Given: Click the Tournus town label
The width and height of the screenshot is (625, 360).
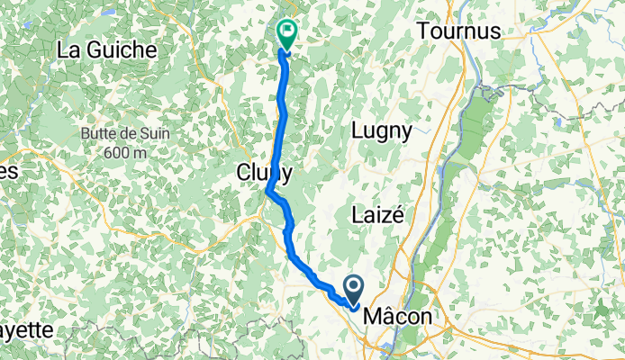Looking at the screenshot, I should (x=458, y=31).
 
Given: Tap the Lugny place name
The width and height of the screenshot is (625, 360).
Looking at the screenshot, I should (x=382, y=130).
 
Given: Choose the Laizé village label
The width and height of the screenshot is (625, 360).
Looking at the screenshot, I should (x=378, y=215).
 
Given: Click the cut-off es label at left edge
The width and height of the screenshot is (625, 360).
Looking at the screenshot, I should (x=9, y=171).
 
